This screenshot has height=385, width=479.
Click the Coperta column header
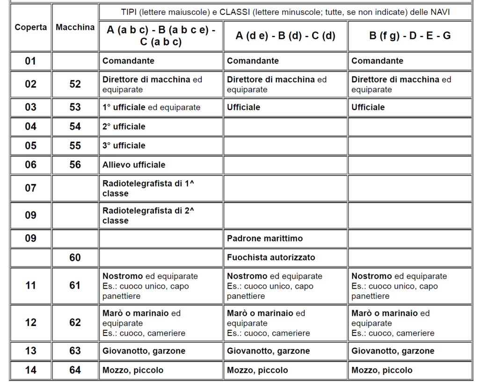[x=30, y=27]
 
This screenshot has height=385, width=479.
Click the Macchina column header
[x=75, y=27]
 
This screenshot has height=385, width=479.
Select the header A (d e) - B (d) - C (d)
[x=285, y=36]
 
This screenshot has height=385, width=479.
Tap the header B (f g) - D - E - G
[x=410, y=36]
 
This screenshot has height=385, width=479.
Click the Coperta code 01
[x=30, y=61]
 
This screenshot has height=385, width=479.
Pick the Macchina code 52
[x=75, y=84]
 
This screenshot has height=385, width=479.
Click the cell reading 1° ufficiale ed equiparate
[x=151, y=107]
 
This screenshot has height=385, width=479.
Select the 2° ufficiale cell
[x=124, y=126]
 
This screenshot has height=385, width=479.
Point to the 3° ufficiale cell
[x=124, y=145]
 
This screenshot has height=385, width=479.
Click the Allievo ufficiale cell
[x=134, y=165]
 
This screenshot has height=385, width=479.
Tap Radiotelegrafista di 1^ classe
[x=148, y=188]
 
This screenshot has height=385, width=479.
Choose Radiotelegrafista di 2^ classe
[x=148, y=215]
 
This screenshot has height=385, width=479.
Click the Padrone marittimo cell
[x=265, y=239]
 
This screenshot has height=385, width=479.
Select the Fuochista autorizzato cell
[x=271, y=257]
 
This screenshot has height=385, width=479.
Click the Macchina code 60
[x=75, y=257]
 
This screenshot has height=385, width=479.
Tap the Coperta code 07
[x=30, y=188]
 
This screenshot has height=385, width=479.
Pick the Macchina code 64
[x=75, y=370]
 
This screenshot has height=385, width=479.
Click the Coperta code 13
[x=30, y=351]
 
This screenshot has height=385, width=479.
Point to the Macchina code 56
[x=75, y=165]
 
